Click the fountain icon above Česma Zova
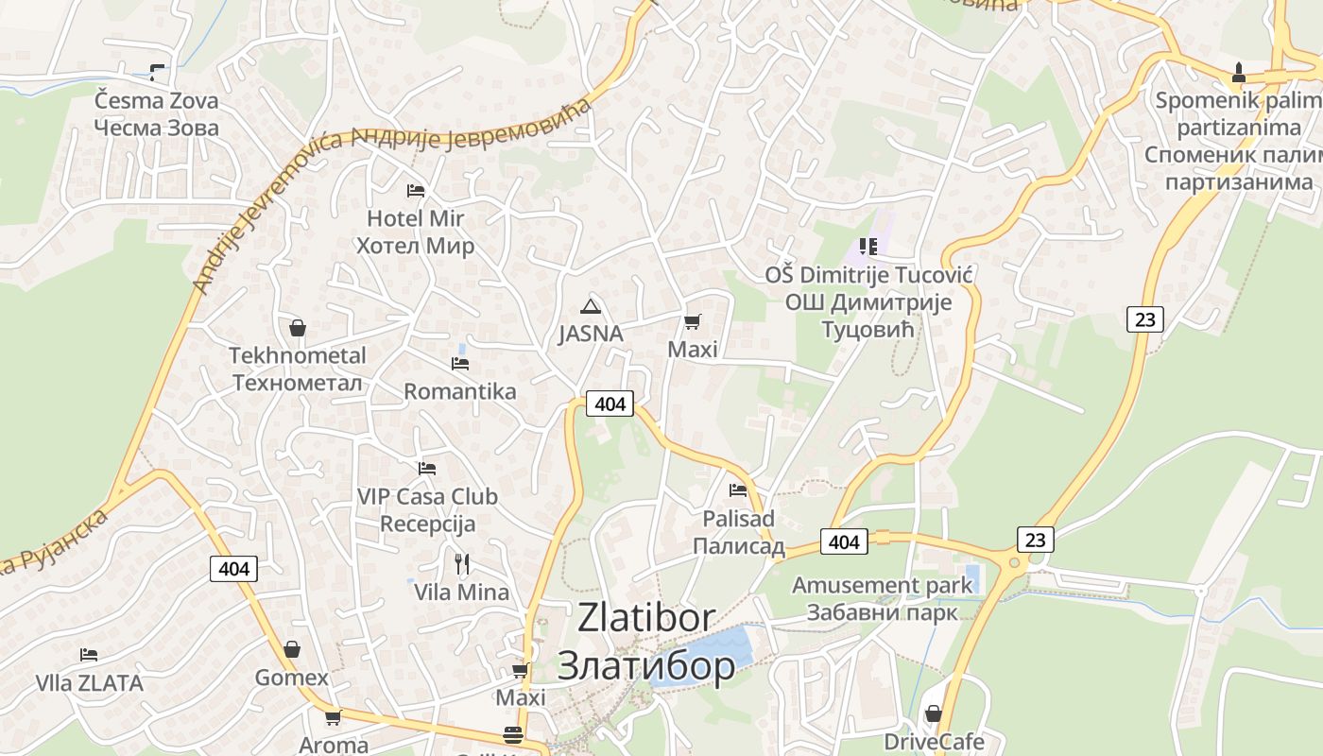tap(157, 72)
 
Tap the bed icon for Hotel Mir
tap(415, 190)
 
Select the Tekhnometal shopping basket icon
tap(298, 328)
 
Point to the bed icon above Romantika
tap(460, 363)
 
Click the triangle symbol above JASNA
tap(591, 306)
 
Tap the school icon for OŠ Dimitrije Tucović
tap(868, 247)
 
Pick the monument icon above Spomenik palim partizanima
tap(1239, 72)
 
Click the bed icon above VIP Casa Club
tap(427, 468)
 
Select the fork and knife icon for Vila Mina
tap(462, 564)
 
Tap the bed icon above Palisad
tap(738, 490)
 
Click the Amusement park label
tap(882, 585)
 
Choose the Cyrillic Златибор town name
tap(646, 665)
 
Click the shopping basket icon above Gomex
tap(292, 649)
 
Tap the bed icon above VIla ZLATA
tap(89, 654)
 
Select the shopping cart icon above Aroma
tap(333, 717)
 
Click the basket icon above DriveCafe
tap(934, 713)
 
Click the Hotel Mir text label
tap(415, 218)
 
